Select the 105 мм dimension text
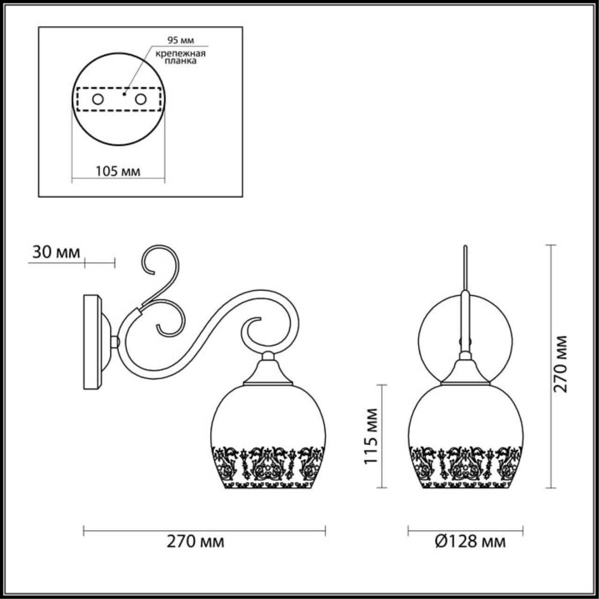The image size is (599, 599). tap(118, 171)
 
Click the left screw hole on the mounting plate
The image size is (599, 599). tap(98, 99)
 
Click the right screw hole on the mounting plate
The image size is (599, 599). tap(140, 99)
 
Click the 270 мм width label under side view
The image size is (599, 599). tap(195, 541)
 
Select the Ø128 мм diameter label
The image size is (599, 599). tap(470, 541)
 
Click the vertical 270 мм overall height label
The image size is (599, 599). tap(560, 364)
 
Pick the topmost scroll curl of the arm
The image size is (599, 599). tap(159, 260)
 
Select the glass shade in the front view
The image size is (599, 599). tap(466, 416)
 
